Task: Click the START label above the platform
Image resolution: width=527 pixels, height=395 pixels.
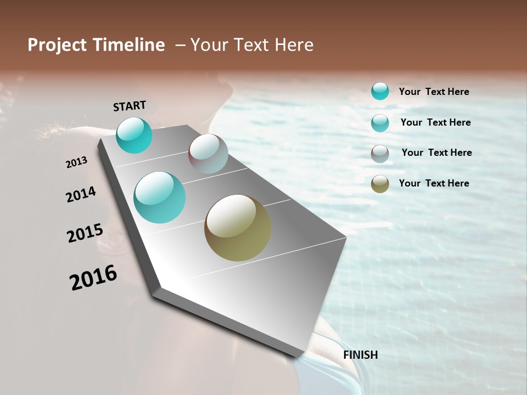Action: click(x=130, y=105)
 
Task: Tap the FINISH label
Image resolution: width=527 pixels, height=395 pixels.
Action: click(x=360, y=355)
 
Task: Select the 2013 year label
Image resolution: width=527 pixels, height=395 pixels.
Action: click(x=76, y=162)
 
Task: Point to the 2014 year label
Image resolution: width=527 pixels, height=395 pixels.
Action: click(x=81, y=195)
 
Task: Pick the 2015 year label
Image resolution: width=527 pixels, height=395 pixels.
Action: click(x=85, y=233)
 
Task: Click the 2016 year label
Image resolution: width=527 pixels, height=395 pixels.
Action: click(x=93, y=278)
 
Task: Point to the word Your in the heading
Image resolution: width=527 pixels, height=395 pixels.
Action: click(x=209, y=45)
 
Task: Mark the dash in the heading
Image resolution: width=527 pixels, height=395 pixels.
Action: click(x=180, y=45)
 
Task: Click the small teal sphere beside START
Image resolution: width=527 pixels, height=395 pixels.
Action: click(x=134, y=135)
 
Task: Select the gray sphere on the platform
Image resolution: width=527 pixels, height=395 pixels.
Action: click(x=208, y=154)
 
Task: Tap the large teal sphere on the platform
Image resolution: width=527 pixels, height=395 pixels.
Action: click(x=160, y=197)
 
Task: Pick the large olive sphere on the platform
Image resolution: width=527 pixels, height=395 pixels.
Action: click(x=238, y=228)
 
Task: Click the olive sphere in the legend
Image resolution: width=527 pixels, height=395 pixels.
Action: click(x=380, y=184)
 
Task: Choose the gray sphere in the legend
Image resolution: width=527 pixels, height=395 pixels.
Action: click(x=380, y=154)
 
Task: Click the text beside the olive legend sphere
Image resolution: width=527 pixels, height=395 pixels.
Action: click(x=434, y=183)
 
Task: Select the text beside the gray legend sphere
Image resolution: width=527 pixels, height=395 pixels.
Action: click(x=436, y=153)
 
